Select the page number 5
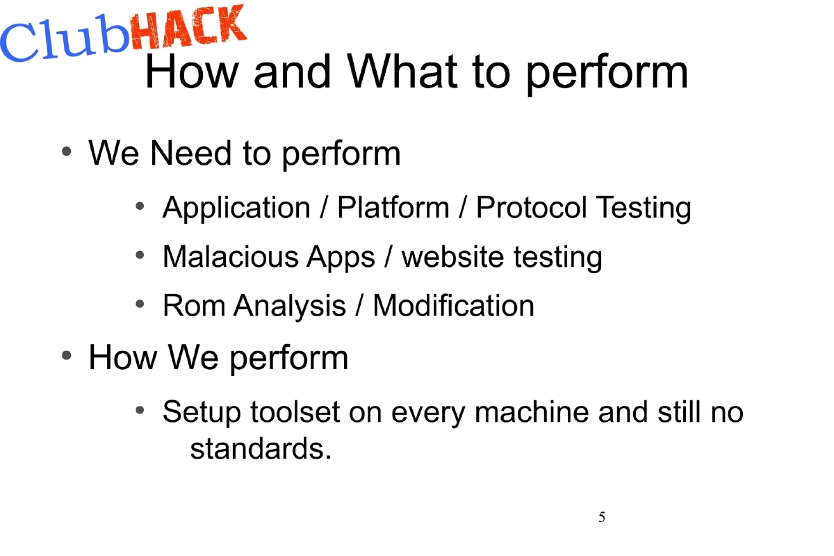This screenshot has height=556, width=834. [x=602, y=517]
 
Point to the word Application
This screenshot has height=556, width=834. [x=236, y=208]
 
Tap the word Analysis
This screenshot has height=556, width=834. [x=289, y=306]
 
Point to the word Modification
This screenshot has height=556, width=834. [x=453, y=306]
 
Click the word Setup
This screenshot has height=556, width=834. [x=201, y=412]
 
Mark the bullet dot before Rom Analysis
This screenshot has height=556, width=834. [x=140, y=304]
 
